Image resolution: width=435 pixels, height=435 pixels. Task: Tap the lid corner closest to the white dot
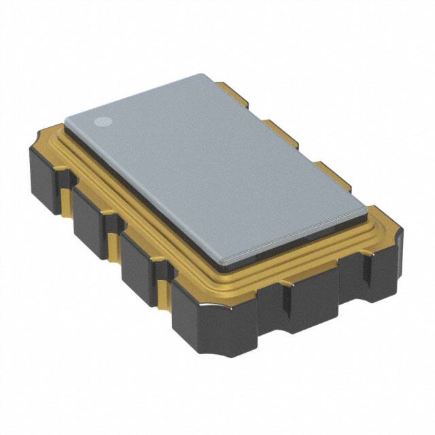point(68,120)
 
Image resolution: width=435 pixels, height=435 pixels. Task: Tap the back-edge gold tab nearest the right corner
point(333,175)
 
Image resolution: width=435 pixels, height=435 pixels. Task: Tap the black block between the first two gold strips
point(89,222)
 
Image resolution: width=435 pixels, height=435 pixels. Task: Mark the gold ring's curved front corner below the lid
point(224,285)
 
